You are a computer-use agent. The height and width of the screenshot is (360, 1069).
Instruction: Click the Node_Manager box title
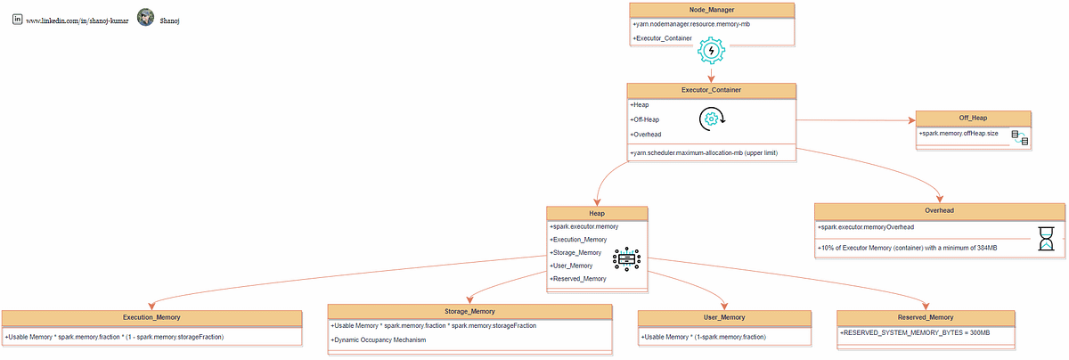[711, 10]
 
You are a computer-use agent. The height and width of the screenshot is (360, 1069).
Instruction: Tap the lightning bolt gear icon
[710, 51]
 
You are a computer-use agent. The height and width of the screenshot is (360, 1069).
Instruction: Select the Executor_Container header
[711, 90]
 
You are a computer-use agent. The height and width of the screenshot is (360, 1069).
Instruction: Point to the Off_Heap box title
[973, 118]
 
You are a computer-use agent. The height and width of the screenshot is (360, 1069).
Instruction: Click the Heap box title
[597, 213]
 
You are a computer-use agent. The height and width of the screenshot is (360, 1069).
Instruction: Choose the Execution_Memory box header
[151, 316]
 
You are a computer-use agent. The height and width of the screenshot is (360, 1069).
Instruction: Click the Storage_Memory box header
[469, 311]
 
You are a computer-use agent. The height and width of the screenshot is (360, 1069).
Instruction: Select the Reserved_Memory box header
[925, 316]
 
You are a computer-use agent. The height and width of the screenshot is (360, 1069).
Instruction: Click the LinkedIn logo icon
[17, 18]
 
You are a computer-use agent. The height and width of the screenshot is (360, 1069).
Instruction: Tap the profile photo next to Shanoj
[145, 18]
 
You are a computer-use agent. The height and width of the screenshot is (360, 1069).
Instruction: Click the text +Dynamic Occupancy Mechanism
[379, 340]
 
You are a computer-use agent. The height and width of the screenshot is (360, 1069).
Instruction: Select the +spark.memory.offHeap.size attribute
[959, 133]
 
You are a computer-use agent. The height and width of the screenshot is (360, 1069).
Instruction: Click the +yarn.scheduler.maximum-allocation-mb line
[704, 153]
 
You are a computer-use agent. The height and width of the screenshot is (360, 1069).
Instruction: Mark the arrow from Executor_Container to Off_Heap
[855, 120]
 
